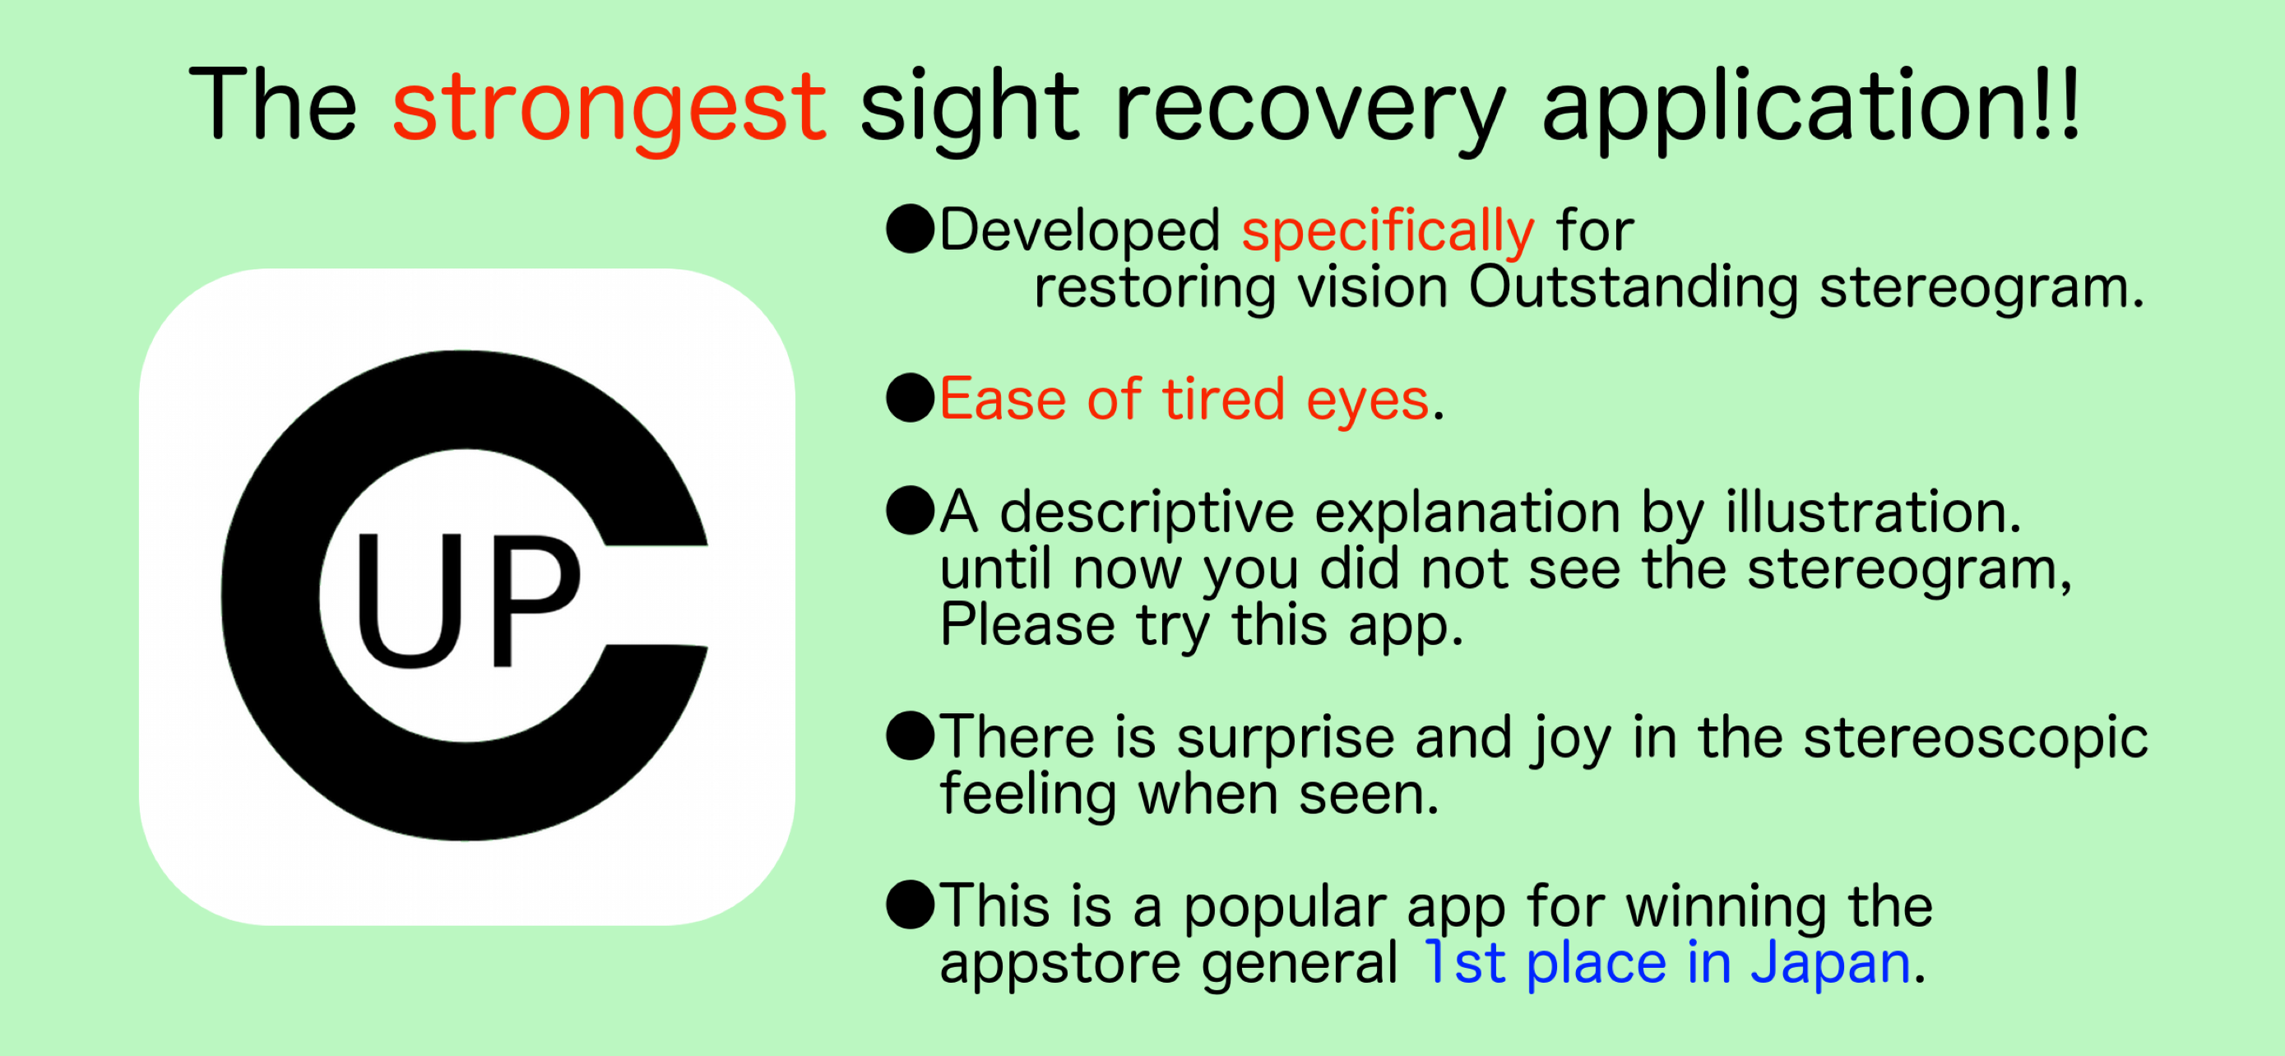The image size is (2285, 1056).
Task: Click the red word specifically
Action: [1388, 232]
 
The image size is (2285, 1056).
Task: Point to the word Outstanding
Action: [1633, 289]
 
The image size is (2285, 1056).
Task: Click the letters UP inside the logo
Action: [467, 600]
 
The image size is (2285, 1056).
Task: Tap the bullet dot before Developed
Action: [910, 229]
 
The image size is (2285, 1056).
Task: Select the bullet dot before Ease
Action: [910, 397]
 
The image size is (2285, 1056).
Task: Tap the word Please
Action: [1027, 624]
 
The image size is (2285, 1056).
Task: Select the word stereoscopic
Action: [1976, 739]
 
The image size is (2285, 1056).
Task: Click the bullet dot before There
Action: [910, 736]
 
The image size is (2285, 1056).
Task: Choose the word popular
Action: [1286, 910]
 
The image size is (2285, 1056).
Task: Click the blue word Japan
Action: [1830, 966]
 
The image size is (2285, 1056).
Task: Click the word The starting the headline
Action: [273, 104]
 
